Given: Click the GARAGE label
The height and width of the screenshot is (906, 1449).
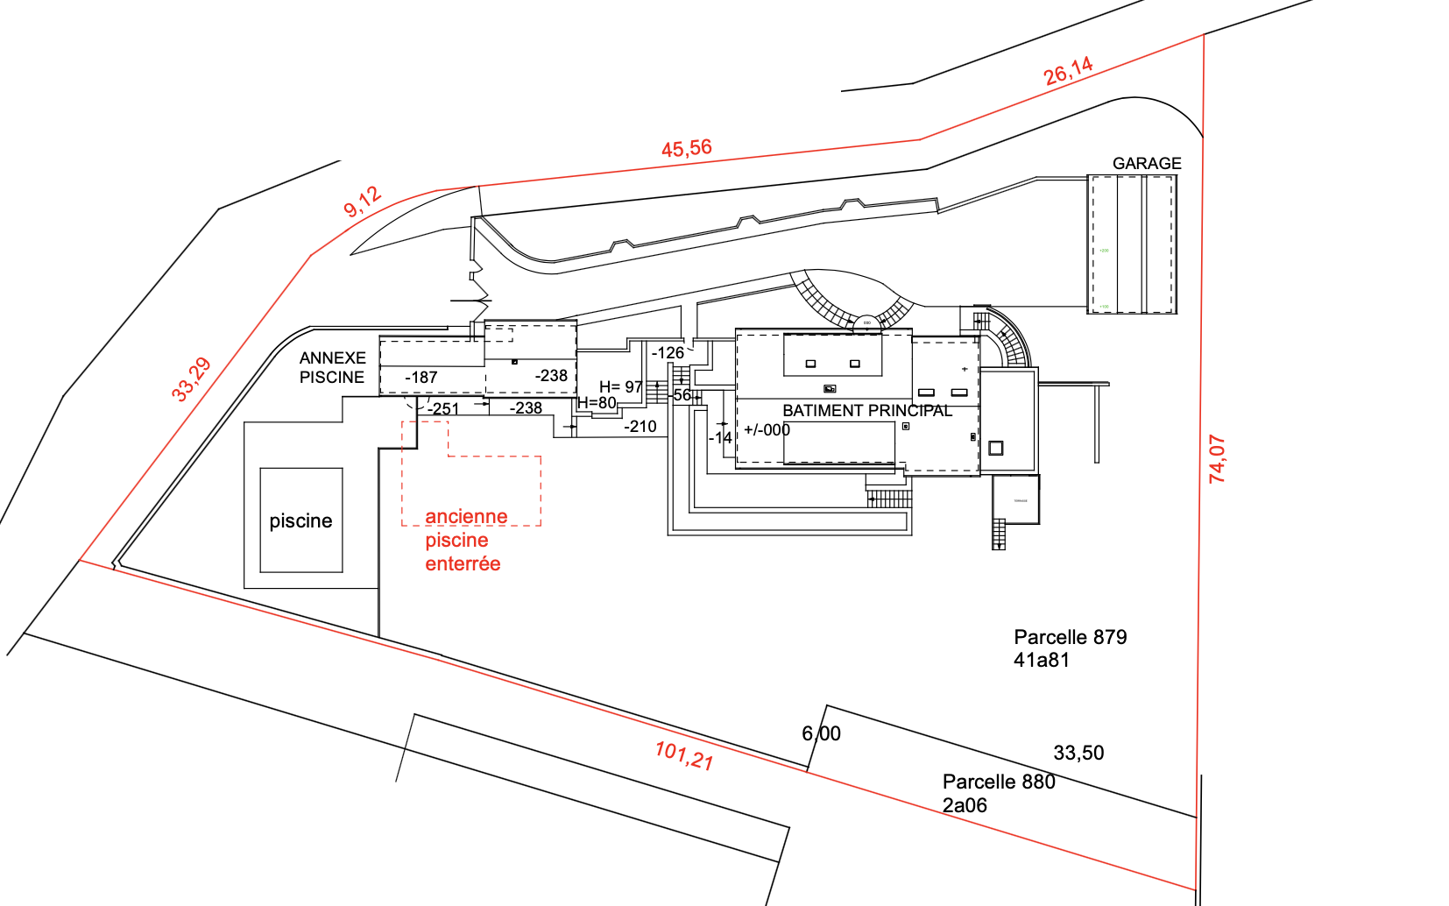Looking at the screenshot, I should [x=1146, y=164].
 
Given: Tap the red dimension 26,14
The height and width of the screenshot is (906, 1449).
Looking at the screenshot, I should [x=1068, y=71].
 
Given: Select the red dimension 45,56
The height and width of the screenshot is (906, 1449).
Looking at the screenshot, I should [x=687, y=149].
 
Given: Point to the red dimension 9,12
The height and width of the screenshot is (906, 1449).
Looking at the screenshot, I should [x=362, y=202].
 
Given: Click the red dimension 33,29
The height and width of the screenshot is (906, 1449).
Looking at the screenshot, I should [x=191, y=379].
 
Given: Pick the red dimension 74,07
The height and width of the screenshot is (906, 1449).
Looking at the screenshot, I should [x=1217, y=458].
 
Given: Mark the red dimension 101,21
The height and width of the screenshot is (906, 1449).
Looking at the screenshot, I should [x=684, y=754].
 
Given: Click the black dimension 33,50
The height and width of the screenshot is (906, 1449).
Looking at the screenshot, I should [x=1078, y=753].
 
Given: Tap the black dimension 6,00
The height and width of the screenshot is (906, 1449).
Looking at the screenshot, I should [x=821, y=733].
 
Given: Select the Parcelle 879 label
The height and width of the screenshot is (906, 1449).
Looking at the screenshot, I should [x=1070, y=648].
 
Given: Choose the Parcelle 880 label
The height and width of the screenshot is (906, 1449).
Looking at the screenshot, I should [x=999, y=793].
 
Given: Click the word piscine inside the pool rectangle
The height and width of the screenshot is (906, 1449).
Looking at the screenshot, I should [x=300, y=521].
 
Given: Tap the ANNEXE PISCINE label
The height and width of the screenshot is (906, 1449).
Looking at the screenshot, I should [x=332, y=368].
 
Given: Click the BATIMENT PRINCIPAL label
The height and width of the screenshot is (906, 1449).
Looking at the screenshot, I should [x=866, y=410].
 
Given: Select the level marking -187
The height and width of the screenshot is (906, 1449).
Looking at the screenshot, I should [x=421, y=378].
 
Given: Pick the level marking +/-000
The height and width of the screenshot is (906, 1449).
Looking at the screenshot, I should [x=767, y=430].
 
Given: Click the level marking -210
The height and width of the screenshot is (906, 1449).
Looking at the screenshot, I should [x=640, y=427].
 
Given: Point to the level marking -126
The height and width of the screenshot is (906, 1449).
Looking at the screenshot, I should [x=668, y=353].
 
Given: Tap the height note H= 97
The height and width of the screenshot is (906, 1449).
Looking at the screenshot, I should [x=621, y=386].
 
